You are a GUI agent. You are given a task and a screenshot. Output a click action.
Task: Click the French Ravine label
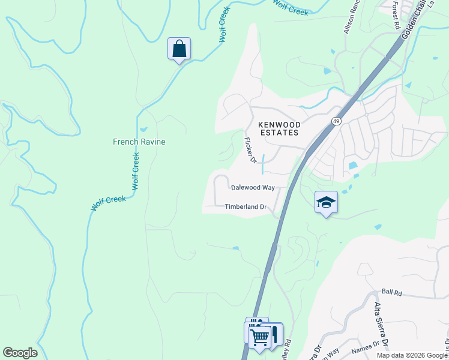click(139, 142)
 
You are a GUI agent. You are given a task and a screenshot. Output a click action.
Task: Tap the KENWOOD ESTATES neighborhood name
click(278, 128)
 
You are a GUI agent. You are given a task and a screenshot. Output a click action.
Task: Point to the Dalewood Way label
click(253, 188)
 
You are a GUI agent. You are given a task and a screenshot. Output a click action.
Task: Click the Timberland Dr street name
click(245, 207)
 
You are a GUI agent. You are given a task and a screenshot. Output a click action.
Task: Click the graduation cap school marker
click(326, 202)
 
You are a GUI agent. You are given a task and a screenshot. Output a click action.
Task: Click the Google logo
click(20, 353)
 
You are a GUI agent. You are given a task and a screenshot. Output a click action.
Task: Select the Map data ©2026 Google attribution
click(411, 355)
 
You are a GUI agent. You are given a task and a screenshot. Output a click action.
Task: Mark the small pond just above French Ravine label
click(143, 129)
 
